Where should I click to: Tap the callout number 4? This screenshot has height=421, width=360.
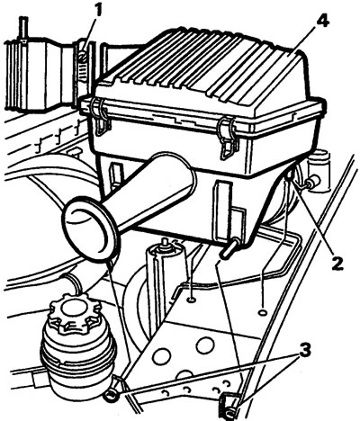tap(320, 22)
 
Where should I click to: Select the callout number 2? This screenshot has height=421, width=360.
tap(335, 262)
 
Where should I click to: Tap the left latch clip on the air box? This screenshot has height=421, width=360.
tap(101, 117)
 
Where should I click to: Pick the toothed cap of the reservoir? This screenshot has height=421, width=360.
tap(76, 313)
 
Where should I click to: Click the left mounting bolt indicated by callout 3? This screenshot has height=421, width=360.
tap(112, 397)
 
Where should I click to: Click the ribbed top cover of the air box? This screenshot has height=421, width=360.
tap(201, 72)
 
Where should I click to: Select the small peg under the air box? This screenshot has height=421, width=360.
tap(230, 247)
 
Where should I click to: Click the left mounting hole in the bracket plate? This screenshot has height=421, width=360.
tap(191, 299)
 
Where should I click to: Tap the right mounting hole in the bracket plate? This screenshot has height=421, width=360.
tap(263, 312)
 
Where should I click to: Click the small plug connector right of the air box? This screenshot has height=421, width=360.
tap(313, 181)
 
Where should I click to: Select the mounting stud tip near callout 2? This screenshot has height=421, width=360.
tap(289, 175)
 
